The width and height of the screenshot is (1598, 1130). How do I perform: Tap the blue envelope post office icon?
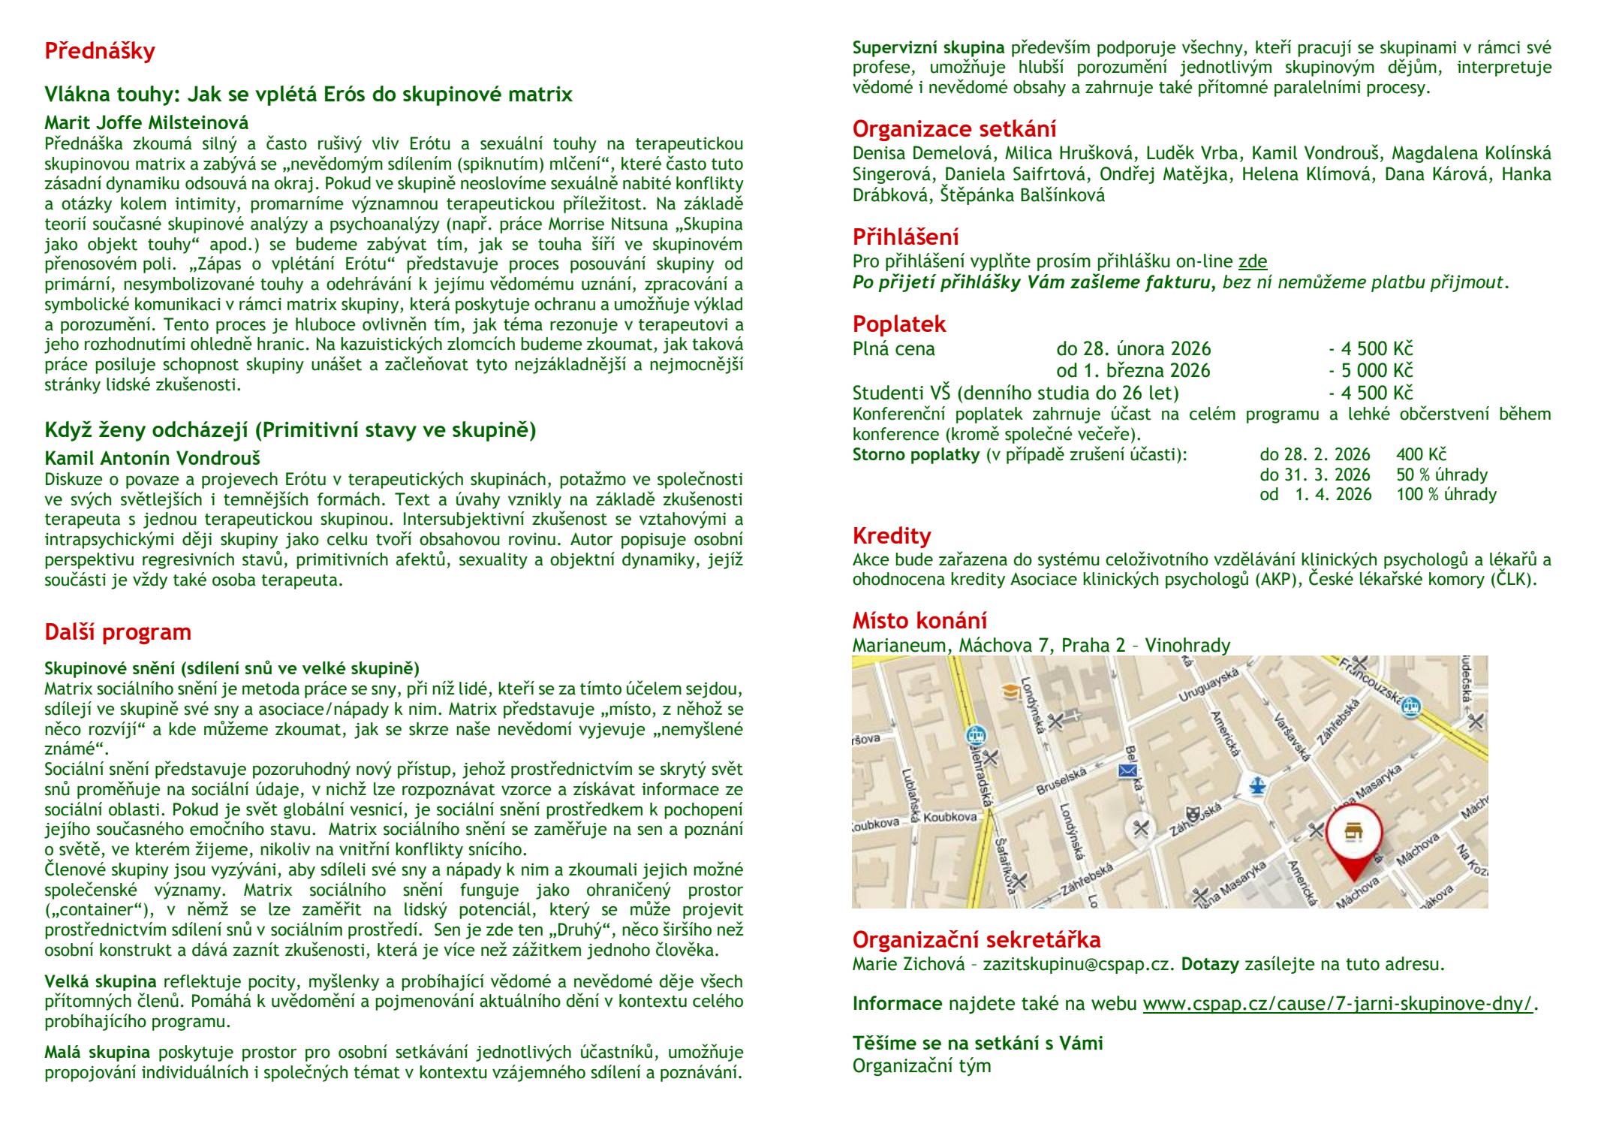pos(1127,770)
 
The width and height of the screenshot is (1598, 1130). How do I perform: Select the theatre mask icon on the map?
pos(1191,815)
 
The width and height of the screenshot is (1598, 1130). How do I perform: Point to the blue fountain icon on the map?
pos(1258,786)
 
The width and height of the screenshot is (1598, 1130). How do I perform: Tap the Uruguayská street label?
pos(1208,686)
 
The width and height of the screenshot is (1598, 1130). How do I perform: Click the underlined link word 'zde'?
pos(1252,261)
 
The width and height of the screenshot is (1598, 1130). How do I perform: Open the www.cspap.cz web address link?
pos(1337,1004)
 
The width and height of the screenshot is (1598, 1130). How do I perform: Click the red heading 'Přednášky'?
pos(100,51)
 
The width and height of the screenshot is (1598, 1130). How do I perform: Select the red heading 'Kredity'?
pos(892,536)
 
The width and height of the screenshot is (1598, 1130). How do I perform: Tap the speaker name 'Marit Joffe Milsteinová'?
pos(146,122)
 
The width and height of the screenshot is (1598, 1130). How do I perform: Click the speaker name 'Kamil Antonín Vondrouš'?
pos(152,458)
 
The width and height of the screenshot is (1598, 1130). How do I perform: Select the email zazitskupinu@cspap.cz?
pos(1078,964)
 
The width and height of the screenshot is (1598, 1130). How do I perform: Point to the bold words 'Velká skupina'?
pos(100,981)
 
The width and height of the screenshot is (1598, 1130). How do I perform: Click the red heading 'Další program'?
pos(118,632)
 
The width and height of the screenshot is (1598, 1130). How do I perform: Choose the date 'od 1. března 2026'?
pos(1133,371)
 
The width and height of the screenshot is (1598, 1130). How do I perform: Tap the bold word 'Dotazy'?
pos(1210,964)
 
